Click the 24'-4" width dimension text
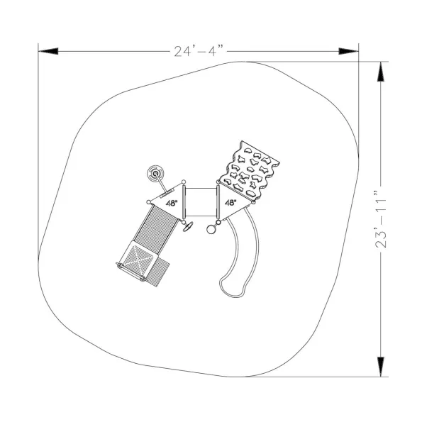coord(199,51)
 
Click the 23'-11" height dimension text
coord(381,219)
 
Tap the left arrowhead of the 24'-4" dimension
coord(48,51)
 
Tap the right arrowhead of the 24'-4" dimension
coord(348,51)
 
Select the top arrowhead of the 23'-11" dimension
coord(381,72)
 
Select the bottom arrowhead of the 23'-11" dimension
coord(381,367)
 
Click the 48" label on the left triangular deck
coord(172,203)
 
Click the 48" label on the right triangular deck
coord(231,203)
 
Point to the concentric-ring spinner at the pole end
coord(155,174)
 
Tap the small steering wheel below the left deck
coord(188,226)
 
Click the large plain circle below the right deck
coord(211,230)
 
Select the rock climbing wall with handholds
coord(248,170)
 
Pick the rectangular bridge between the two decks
coord(201,202)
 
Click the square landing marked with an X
coord(138,260)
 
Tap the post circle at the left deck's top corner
coord(184,182)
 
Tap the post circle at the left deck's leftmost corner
coord(148,202)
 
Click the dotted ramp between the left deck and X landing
coord(156,229)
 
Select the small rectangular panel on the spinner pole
coord(167,194)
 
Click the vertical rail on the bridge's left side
coord(184,202)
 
